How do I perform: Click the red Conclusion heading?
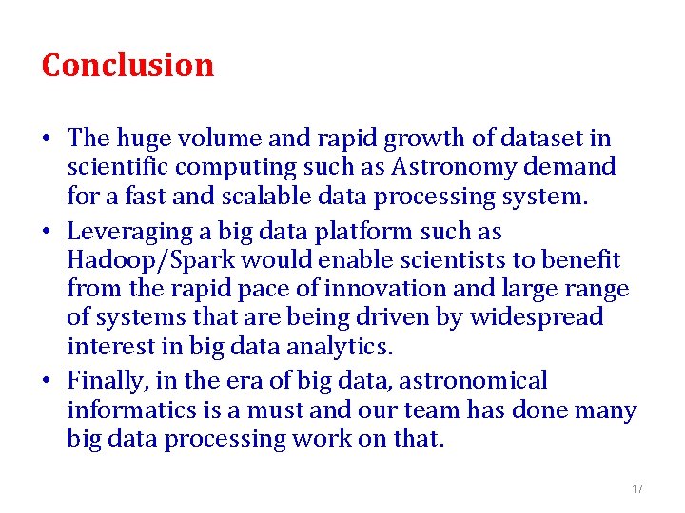(x=127, y=65)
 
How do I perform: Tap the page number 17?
(x=637, y=489)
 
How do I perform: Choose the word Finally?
(x=104, y=381)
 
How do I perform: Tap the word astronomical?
(x=473, y=381)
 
